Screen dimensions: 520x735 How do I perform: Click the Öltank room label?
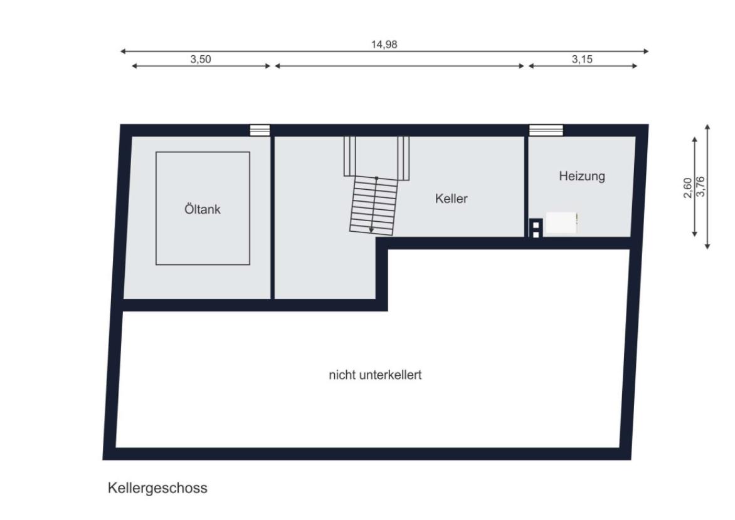(203, 209)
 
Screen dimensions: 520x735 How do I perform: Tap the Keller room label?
(452, 199)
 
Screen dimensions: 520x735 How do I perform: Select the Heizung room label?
(582, 176)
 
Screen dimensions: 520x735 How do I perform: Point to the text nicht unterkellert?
(375, 375)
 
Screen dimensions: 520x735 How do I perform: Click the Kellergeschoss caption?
(157, 487)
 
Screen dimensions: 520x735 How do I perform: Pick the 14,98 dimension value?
(384, 44)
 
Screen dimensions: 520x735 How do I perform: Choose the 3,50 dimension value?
(201, 60)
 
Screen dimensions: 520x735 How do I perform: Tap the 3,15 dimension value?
(582, 60)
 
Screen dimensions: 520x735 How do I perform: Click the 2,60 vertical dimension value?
(687, 188)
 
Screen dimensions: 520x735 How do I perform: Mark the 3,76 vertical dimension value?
(701, 187)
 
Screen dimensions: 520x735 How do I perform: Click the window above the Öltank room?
(260, 130)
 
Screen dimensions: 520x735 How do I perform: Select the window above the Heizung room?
(546, 130)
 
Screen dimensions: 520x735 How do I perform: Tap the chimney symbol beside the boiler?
(536, 229)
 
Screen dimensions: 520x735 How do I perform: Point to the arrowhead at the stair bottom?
(371, 231)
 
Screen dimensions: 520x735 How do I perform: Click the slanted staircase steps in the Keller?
(374, 205)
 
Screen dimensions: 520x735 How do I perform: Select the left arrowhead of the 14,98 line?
(124, 51)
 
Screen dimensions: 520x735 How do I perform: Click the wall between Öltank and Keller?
(273, 217)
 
